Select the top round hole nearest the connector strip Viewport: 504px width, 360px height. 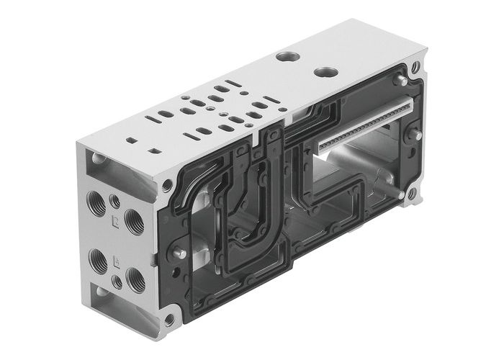point(328,73)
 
